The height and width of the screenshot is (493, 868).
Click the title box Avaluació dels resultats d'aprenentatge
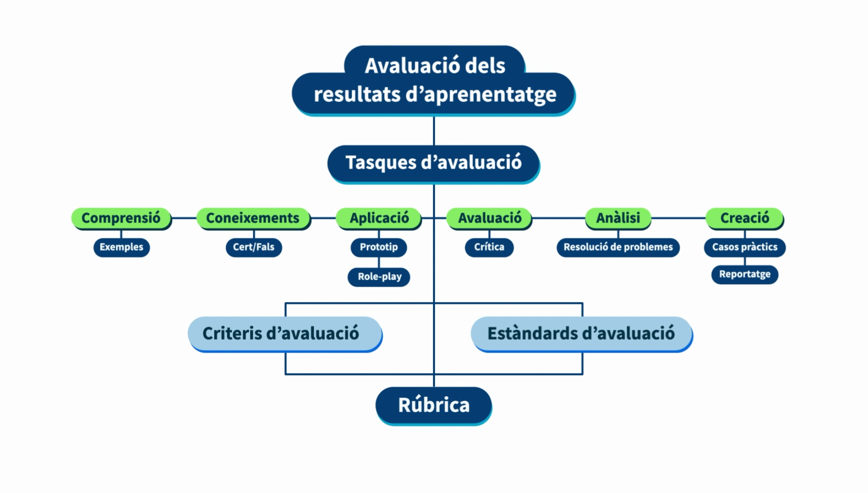(434, 80)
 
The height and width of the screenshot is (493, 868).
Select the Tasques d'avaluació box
(434, 164)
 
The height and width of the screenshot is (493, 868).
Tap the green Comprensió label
(121, 218)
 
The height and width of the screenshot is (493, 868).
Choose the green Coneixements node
(253, 218)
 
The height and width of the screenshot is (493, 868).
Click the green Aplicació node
(379, 218)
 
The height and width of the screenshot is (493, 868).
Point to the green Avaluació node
(489, 218)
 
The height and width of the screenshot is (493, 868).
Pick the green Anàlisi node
(618, 218)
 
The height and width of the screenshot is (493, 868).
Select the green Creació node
(745, 218)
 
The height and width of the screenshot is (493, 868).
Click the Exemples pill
(121, 247)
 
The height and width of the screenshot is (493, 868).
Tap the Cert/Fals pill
(254, 247)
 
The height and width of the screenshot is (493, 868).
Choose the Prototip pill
(379, 247)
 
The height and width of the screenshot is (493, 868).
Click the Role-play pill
(379, 277)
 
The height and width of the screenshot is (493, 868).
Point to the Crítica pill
(489, 247)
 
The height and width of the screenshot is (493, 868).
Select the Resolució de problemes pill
(618, 247)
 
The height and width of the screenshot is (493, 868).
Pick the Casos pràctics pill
(745, 247)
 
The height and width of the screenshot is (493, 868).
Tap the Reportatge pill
(745, 275)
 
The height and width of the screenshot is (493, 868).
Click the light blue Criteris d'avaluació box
(285, 334)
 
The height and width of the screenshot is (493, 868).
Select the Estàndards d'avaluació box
(581, 334)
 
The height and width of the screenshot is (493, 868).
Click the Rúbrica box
(434, 406)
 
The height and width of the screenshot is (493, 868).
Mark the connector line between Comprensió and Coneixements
(184, 218)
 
